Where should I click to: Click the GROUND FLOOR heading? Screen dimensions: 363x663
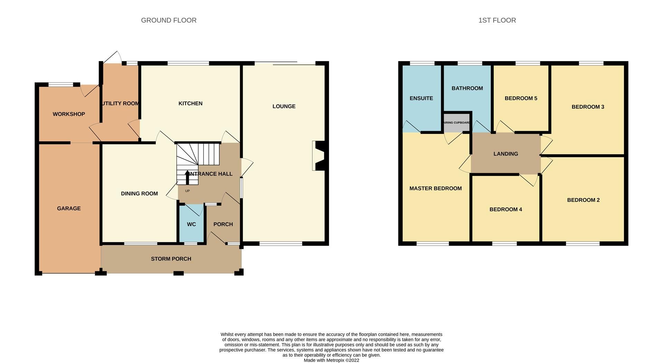pyautogui.click(x=169, y=20)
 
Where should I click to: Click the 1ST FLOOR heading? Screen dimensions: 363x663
pyautogui.click(x=497, y=20)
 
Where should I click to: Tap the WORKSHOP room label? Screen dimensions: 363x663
pyautogui.click(x=69, y=114)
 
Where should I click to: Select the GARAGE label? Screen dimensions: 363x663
pyautogui.click(x=69, y=208)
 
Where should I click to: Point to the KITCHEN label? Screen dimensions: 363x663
pyautogui.click(x=190, y=104)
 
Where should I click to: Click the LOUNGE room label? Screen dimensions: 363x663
pyautogui.click(x=284, y=106)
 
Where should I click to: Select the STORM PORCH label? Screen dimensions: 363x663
pyautogui.click(x=171, y=259)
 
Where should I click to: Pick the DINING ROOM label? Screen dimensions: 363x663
pyautogui.click(x=139, y=194)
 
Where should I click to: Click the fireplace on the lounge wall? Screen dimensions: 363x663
pyautogui.click(x=318, y=156)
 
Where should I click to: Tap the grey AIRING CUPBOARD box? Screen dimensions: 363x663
pyautogui.click(x=457, y=123)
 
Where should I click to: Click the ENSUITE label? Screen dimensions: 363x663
pyautogui.click(x=421, y=98)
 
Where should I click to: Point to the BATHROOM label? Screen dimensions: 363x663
pyautogui.click(x=467, y=88)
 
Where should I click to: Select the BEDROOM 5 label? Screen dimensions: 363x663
pyautogui.click(x=521, y=98)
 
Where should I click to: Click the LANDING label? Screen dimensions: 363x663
pyautogui.click(x=506, y=154)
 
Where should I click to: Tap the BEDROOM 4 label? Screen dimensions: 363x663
pyautogui.click(x=506, y=209)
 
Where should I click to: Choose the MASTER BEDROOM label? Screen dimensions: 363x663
pyautogui.click(x=435, y=188)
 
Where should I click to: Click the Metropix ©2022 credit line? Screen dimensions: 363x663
pyautogui.click(x=331, y=360)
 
